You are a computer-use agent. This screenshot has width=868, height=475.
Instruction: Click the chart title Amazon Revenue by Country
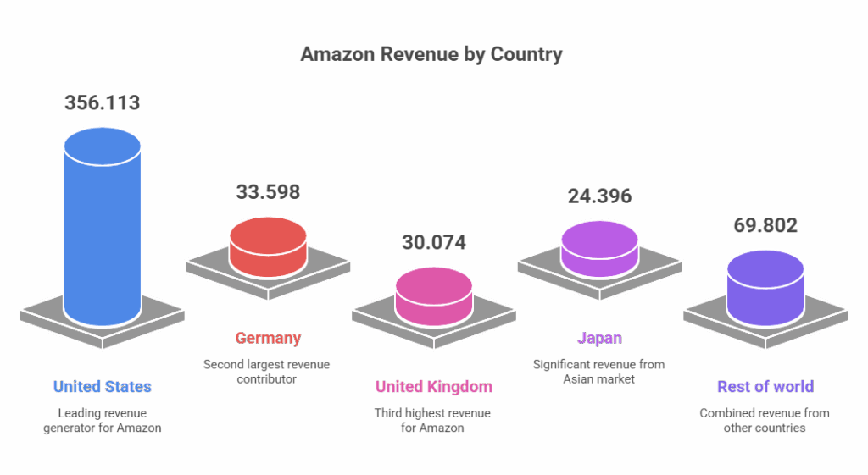431,55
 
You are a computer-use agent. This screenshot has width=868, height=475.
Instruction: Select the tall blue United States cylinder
103,229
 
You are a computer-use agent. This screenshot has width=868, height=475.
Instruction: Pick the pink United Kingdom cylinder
434,295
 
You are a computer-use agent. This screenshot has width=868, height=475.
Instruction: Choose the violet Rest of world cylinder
765,288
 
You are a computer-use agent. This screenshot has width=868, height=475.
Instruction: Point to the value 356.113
103,103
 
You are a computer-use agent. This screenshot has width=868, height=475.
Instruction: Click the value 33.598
268,191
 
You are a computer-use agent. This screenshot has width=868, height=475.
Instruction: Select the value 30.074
434,243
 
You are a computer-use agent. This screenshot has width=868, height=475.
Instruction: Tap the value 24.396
599,196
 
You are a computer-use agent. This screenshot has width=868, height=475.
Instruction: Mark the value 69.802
765,226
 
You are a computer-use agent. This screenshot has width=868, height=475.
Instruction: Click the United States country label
103,387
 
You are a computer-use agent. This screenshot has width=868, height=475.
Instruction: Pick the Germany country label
268,338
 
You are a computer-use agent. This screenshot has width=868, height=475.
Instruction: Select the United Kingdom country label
434,387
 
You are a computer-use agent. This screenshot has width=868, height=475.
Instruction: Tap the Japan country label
599,338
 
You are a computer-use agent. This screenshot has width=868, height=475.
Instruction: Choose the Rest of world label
765,387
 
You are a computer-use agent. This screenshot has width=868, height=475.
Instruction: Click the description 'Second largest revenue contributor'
268,372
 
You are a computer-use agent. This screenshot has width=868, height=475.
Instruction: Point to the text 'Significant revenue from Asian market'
599,372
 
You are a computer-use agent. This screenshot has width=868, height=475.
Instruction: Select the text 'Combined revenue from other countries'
765,421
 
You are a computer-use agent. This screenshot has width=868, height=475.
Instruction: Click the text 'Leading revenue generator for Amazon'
103,421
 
